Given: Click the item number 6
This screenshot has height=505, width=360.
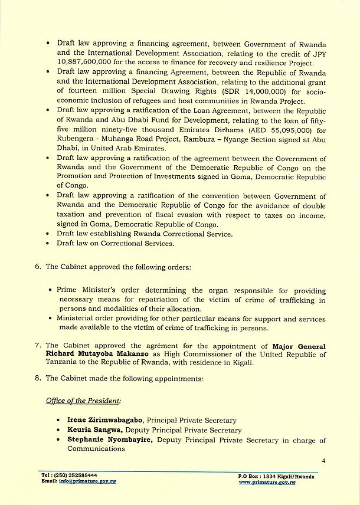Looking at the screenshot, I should (x=38, y=266).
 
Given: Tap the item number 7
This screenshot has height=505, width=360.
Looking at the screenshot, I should (x=38, y=345).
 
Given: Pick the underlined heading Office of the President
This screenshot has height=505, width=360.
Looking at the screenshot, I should (x=83, y=401).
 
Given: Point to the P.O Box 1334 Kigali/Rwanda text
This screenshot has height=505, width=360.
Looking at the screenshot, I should (x=276, y=476).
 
